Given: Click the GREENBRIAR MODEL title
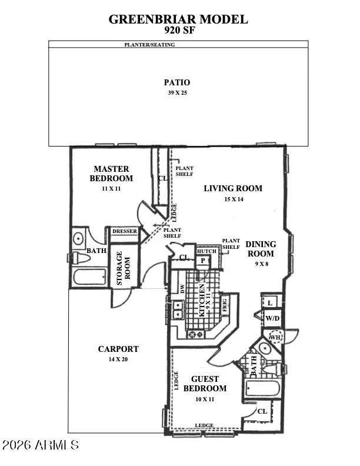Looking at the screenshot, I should point(178,19).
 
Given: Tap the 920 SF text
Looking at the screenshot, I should point(178,31).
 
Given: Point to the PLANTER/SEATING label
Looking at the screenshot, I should point(149,45).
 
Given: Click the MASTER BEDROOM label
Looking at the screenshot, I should point(111,174).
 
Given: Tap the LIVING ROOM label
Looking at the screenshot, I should point(233,188).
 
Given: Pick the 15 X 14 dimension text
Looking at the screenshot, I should point(233,199).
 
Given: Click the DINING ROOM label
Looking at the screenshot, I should point(261,249).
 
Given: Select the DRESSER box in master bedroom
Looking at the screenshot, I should point(124,232).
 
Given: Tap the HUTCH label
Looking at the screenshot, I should point(206,251).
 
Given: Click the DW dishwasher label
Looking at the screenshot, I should point(182,288).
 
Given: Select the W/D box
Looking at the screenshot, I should point(272,318).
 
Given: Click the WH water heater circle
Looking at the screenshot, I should point(275,337).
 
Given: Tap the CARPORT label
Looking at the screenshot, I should point(118,349).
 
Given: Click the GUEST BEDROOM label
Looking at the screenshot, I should point(205,384).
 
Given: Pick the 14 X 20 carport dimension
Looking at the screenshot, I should point(118,360).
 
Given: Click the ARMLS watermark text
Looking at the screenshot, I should point(41,445).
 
